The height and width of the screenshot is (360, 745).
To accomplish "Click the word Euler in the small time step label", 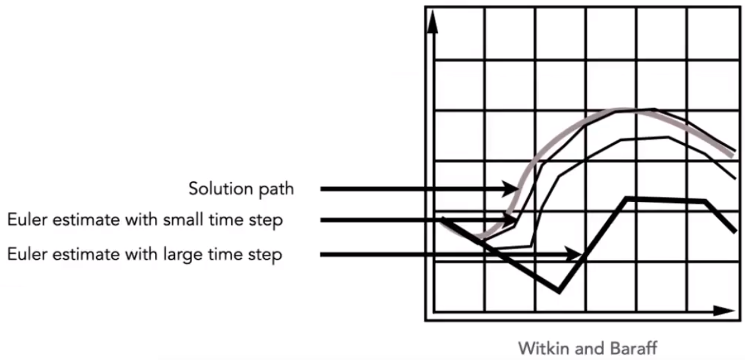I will (x=27, y=220).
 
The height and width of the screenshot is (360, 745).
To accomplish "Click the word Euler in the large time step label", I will (x=27, y=254).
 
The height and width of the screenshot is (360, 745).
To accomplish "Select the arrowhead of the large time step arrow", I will (x=577, y=255).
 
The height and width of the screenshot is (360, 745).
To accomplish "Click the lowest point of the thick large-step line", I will (x=559, y=292).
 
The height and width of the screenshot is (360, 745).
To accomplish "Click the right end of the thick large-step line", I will (x=734, y=231).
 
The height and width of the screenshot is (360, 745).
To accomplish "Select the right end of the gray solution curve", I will (x=733, y=154).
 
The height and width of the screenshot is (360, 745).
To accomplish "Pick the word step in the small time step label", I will (x=268, y=221).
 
